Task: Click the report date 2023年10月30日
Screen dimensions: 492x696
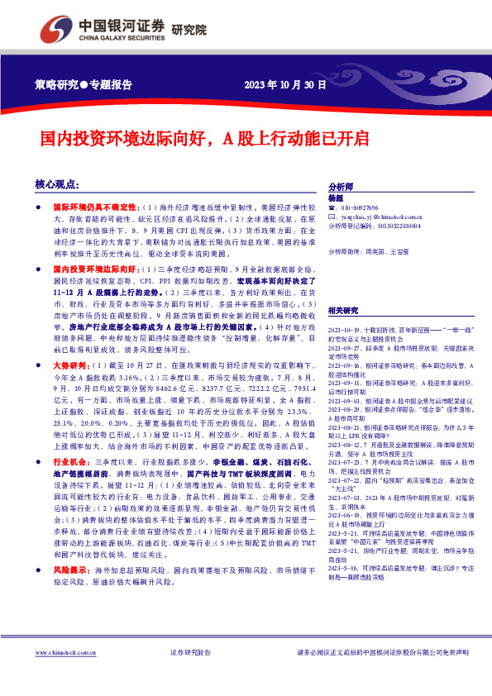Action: (286, 85)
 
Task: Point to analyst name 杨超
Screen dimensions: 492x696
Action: (336, 198)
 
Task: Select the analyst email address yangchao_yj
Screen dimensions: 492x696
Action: (369, 216)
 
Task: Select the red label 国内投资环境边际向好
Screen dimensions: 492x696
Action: (85, 269)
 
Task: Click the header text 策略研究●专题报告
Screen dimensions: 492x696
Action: (84, 85)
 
